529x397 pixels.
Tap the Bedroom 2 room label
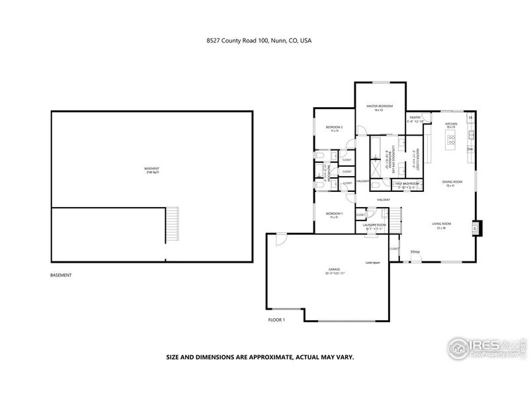tap(334, 128)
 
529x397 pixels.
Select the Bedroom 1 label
tap(334, 214)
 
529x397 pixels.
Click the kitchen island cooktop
tap(452, 139)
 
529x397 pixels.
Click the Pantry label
tap(415, 118)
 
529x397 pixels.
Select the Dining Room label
tap(452, 182)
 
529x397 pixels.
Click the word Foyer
tap(416, 252)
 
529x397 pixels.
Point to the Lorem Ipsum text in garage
tap(374, 263)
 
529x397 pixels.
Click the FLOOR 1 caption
tap(276, 320)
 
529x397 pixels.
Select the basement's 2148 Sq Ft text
tap(152, 171)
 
